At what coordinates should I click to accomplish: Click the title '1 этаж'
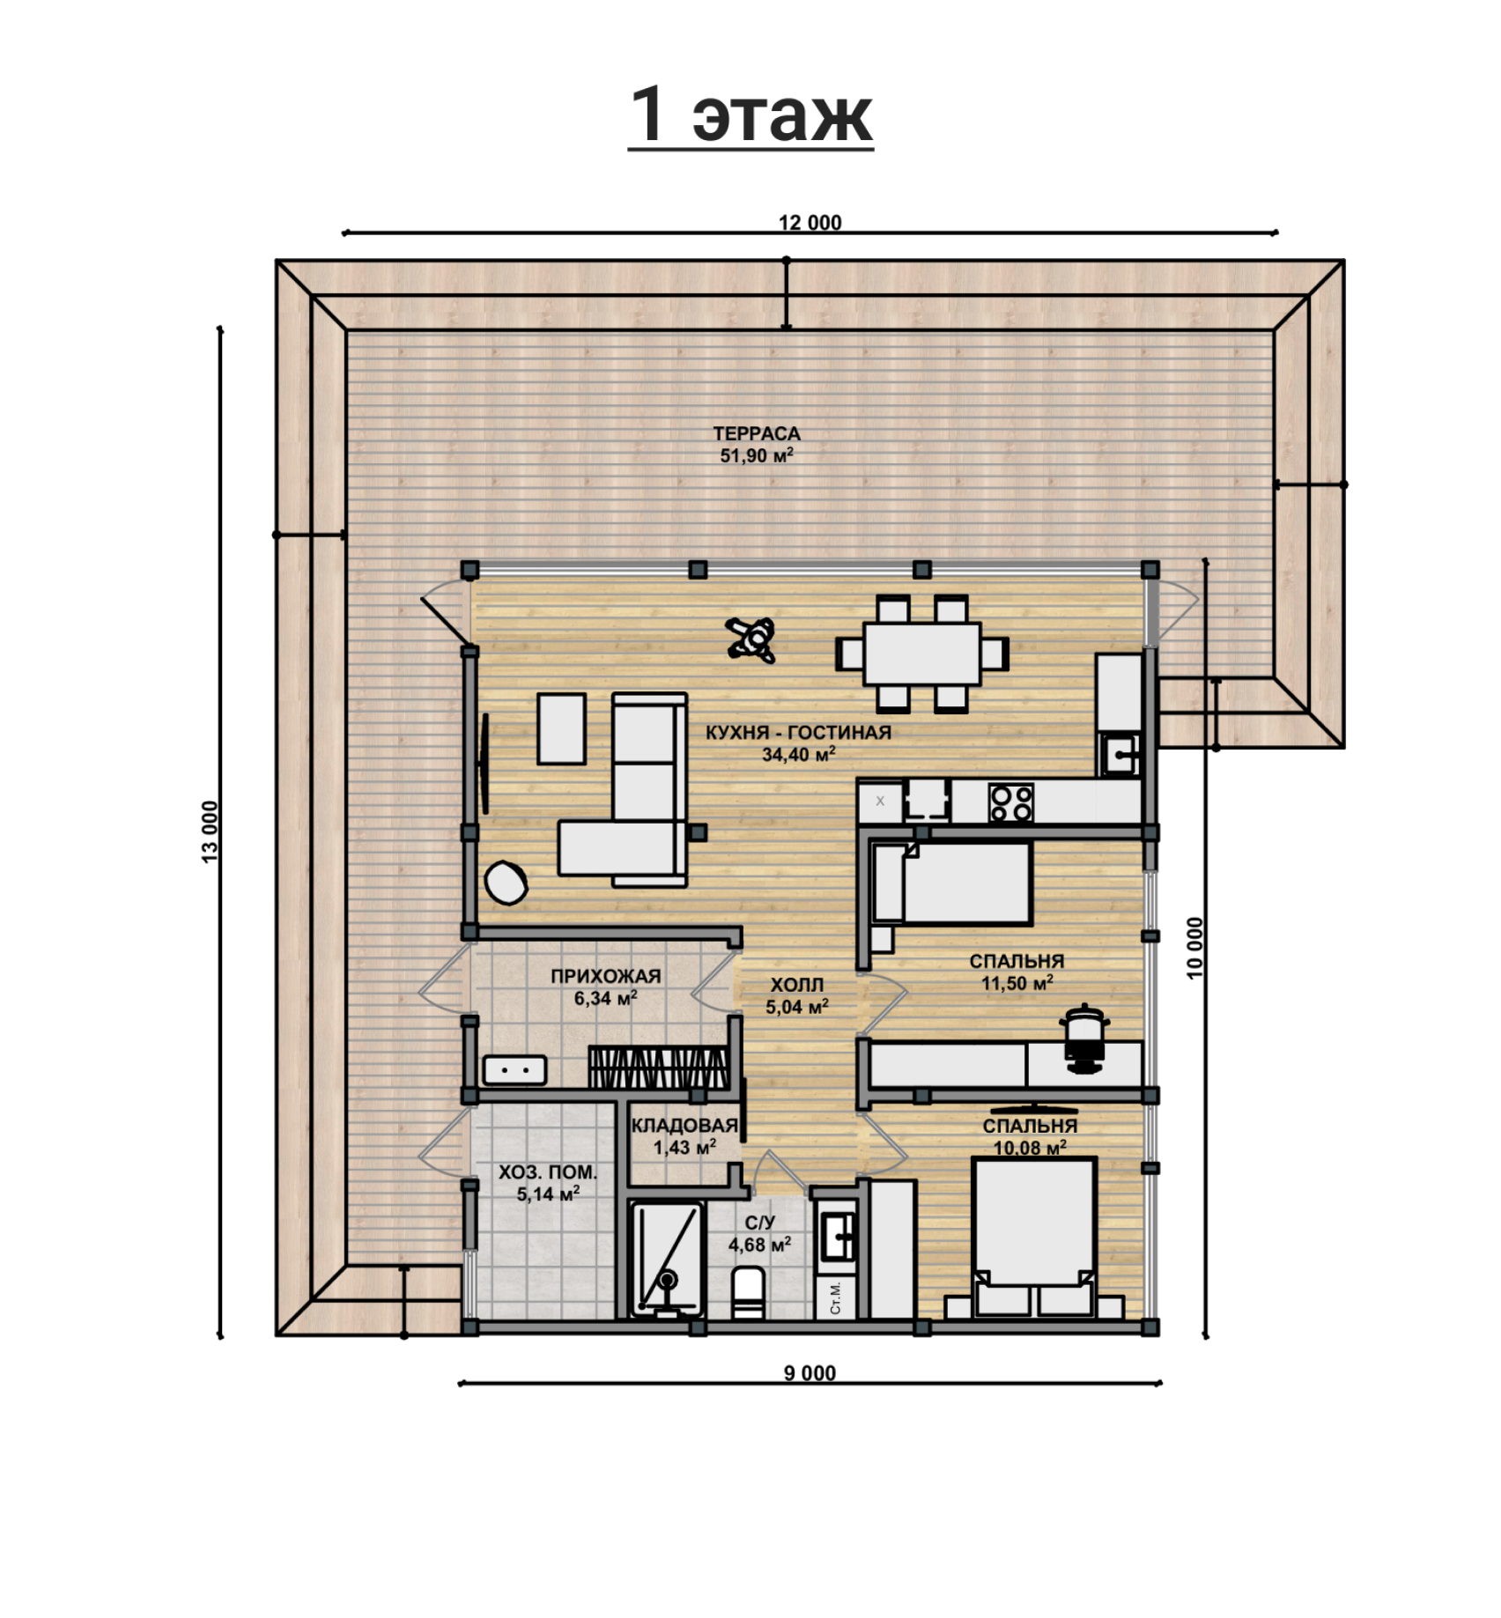coord(750,115)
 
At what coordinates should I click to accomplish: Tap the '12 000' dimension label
coord(810,223)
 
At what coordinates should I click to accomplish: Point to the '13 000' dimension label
coord(210,831)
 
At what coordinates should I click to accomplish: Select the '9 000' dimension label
coord(810,1372)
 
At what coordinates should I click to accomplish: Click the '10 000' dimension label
coord(1194,948)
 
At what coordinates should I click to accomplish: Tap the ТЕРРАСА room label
coord(757,433)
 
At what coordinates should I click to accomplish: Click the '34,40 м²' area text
coord(799,754)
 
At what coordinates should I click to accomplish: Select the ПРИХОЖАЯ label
coord(606,976)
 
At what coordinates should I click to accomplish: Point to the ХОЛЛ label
coord(797,985)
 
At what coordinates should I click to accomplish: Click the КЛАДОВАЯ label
coord(684,1126)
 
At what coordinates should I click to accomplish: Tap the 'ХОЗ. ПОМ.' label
coord(548,1172)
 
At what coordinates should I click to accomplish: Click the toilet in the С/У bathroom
coord(749,1292)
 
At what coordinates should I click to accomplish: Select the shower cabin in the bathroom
coord(667,1259)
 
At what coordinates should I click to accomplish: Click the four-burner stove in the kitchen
coord(1011,802)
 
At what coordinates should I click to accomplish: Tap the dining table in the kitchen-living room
coord(922,654)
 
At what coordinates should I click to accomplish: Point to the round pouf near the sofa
coord(506,882)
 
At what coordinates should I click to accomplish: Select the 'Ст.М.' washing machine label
coord(835,1297)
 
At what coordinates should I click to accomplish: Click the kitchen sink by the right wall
coord(1120,753)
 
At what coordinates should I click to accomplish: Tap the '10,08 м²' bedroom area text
coord(1030,1148)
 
